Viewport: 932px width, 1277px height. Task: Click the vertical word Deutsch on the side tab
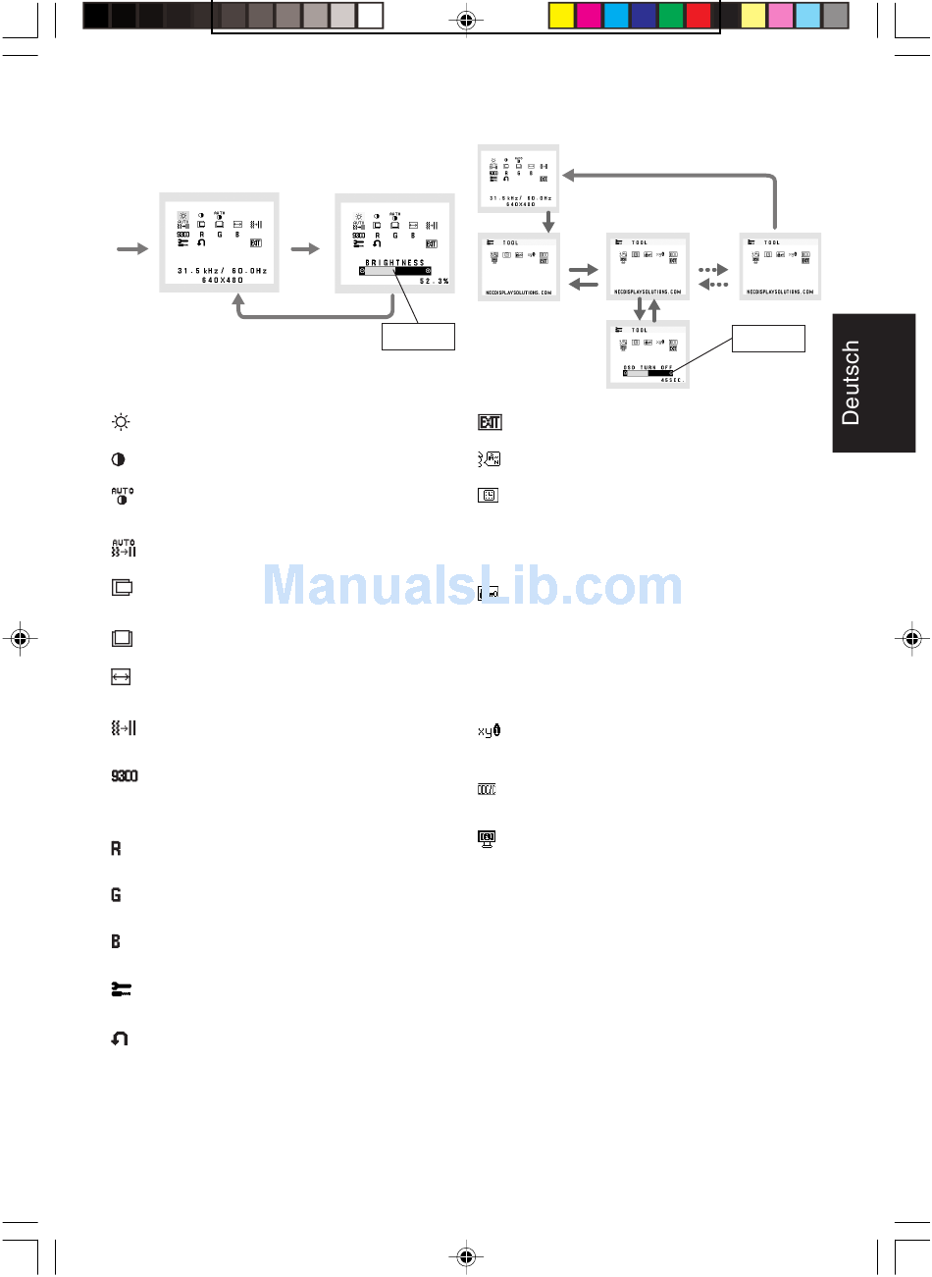coord(851,383)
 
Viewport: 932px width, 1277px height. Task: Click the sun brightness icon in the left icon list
coord(121,422)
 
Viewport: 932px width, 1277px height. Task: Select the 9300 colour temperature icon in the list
coord(125,776)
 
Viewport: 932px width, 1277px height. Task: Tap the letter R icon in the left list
coord(116,848)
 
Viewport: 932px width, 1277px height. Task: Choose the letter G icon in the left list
coord(116,895)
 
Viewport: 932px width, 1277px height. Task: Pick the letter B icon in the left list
coord(116,941)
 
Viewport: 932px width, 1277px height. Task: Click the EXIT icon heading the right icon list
coord(490,422)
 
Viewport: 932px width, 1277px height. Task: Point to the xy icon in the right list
coord(489,731)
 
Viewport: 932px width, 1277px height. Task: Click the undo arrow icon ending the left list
coord(120,1038)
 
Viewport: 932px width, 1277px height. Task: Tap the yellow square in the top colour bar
coord(561,16)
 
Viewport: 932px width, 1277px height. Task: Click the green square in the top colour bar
coord(671,16)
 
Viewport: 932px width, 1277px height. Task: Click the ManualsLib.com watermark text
coord(473,586)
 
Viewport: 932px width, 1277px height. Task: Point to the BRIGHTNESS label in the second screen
coord(395,263)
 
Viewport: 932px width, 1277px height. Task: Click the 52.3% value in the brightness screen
coord(434,282)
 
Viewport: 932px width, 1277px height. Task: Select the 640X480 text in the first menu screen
coord(223,280)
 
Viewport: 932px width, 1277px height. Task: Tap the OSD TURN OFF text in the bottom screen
coord(648,367)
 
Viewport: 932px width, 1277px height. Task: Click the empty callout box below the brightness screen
coord(418,336)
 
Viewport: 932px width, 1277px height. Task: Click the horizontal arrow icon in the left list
coord(121,677)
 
